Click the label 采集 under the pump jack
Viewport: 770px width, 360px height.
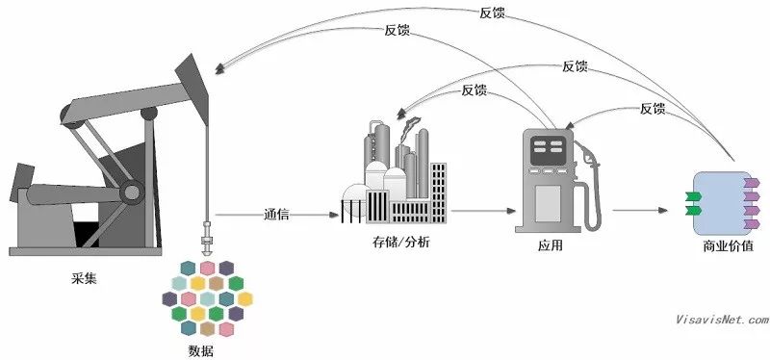point(84,279)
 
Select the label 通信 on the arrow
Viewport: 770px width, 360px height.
point(277,214)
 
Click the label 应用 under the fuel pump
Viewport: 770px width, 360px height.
point(551,246)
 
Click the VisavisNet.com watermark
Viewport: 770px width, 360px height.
point(722,320)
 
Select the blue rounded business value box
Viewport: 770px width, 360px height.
point(722,201)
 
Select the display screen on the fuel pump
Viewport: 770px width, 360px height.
point(548,148)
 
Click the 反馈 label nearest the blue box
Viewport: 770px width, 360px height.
point(652,109)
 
